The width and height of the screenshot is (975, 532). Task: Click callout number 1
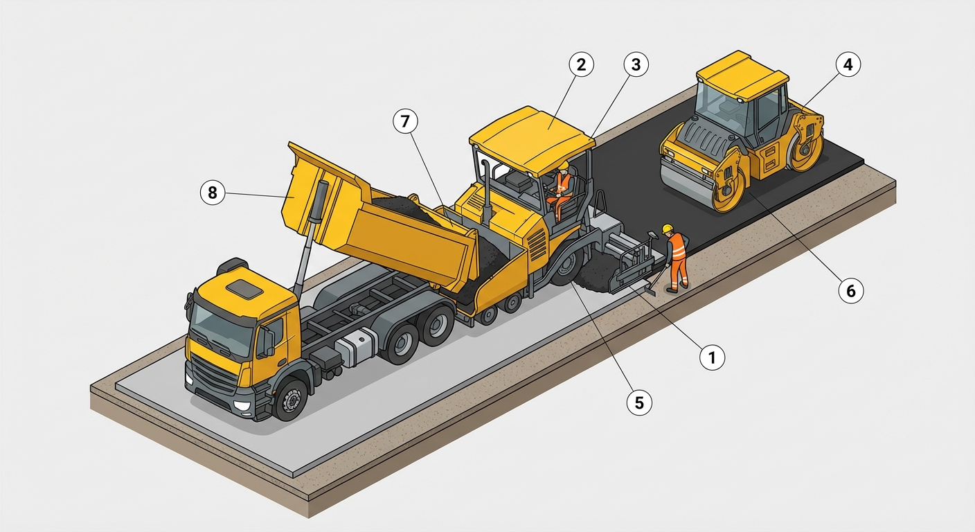(712, 357)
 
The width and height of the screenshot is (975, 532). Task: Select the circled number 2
(581, 64)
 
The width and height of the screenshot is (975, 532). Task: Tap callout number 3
(636, 64)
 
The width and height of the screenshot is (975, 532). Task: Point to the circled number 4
(848, 64)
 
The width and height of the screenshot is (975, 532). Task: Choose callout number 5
(639, 402)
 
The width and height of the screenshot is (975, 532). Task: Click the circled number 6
(851, 290)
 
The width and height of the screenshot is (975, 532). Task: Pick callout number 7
(405, 121)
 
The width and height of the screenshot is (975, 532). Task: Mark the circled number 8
(213, 193)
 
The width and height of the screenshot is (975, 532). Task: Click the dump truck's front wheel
(291, 400)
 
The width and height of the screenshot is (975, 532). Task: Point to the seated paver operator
(561, 190)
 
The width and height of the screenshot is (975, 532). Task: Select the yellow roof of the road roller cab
(742, 74)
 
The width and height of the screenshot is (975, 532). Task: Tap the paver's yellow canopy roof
(532, 139)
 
